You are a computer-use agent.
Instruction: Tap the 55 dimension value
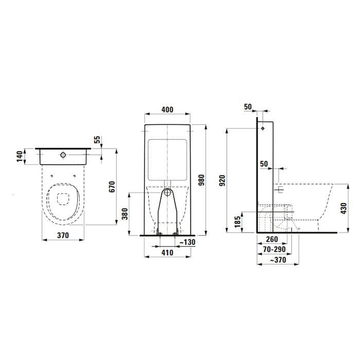tap(97, 140)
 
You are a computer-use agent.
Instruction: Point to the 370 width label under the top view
tap(63, 235)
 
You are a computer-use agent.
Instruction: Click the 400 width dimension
tap(167, 110)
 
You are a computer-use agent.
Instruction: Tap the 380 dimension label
tap(123, 213)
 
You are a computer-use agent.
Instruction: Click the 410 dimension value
tap(167, 253)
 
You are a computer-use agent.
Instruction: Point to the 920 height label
tap(221, 182)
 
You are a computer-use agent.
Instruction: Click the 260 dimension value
tap(273, 239)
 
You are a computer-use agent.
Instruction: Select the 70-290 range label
tap(274, 250)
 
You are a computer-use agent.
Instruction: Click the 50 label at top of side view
tap(248, 106)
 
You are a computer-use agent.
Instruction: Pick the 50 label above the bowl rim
tap(264, 164)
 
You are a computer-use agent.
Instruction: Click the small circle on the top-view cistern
tap(62, 154)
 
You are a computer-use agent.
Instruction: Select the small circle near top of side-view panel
tap(262, 128)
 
